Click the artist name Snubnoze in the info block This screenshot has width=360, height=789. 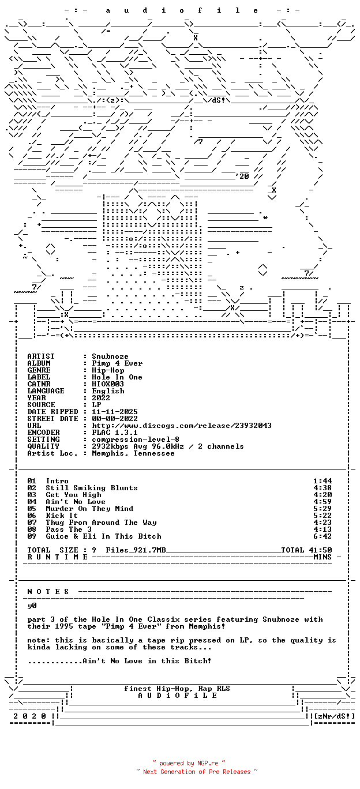(x=110, y=356)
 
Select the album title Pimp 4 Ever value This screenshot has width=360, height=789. (x=117, y=363)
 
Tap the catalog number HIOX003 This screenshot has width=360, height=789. (x=108, y=384)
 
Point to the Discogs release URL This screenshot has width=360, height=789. (x=182, y=426)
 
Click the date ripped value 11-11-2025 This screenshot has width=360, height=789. (x=115, y=412)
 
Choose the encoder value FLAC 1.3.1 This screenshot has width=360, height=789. (x=115, y=433)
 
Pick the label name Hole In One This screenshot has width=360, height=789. (x=117, y=377)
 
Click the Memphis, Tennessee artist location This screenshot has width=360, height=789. (x=133, y=453)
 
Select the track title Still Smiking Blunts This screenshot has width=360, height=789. (x=92, y=488)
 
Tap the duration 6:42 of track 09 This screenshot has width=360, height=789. (x=322, y=536)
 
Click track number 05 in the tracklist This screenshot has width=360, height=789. (x=32, y=509)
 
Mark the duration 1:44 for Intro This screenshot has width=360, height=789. (x=322, y=481)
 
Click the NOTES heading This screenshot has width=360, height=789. (x=48, y=592)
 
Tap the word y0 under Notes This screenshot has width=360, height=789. (x=32, y=606)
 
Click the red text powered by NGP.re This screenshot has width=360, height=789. (x=189, y=763)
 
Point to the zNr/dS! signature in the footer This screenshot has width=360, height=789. (x=335, y=716)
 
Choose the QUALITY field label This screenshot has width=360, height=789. (x=43, y=446)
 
